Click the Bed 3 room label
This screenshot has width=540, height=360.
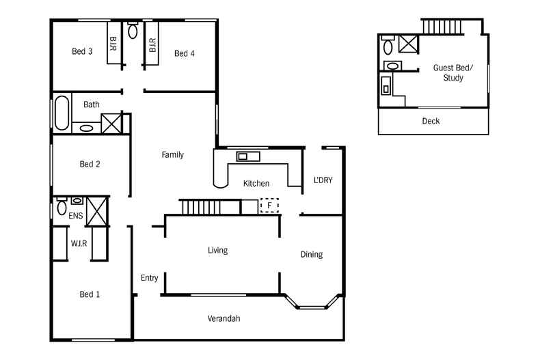click(82, 51)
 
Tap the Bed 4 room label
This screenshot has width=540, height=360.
click(185, 53)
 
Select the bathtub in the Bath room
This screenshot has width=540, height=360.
click(62, 113)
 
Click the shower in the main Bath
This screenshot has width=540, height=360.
click(110, 123)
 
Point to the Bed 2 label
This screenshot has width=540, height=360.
click(90, 164)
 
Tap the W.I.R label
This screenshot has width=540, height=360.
click(79, 243)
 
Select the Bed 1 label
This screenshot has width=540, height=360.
click(90, 294)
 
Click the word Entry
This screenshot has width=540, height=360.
click(149, 278)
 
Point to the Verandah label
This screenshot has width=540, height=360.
click(224, 318)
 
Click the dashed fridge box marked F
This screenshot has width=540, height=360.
click(269, 205)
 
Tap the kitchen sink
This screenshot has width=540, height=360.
click(248, 156)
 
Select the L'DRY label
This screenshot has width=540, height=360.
click(323, 180)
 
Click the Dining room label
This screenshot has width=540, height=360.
click(311, 255)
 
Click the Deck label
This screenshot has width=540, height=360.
click(431, 122)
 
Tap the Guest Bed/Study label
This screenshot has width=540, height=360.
click(448, 73)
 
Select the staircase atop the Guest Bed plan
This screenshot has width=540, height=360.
click(442, 27)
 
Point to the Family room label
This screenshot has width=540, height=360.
click(172, 155)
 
